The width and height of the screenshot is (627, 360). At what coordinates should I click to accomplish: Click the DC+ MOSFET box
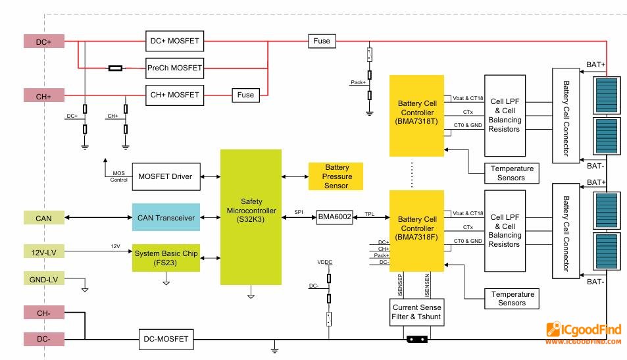[x=174, y=41]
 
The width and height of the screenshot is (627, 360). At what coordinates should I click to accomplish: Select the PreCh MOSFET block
[x=174, y=67]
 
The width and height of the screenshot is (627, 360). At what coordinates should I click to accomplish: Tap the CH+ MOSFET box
[x=174, y=95]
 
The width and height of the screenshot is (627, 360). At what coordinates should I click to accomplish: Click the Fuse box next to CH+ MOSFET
[x=245, y=95]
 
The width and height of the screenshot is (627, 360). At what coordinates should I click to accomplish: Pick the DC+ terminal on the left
[x=44, y=41]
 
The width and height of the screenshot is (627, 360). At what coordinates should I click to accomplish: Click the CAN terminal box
[x=44, y=217]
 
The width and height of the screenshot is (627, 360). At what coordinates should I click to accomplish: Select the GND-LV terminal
[x=44, y=279]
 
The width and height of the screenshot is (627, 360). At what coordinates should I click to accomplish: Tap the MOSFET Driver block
[x=165, y=176]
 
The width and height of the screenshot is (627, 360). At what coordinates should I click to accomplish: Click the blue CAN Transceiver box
[x=166, y=217]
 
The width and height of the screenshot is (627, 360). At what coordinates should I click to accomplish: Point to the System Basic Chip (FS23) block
[x=166, y=257]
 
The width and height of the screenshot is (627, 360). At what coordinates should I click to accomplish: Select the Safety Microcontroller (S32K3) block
[x=251, y=217]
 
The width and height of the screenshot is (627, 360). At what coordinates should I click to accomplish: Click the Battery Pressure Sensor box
[x=336, y=176]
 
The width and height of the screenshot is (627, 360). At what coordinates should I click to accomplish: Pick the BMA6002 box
[x=335, y=217]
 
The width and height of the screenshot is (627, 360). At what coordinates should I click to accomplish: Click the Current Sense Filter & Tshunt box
[x=417, y=313]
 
